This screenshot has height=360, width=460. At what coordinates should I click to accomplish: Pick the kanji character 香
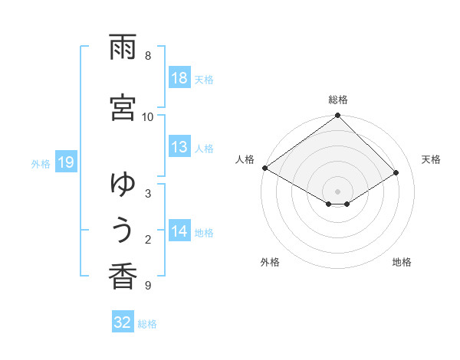tap(123, 277)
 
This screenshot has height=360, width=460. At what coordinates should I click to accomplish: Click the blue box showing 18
tap(179, 78)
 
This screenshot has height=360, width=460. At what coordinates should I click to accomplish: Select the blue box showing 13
tap(179, 147)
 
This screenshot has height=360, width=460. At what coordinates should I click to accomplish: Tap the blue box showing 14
tap(179, 231)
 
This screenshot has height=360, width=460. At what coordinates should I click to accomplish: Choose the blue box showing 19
tap(65, 162)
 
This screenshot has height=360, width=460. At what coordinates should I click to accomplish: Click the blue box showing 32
tap(123, 322)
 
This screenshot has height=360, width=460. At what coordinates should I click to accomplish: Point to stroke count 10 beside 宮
tap(148, 116)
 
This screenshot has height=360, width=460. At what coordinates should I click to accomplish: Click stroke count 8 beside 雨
tap(148, 56)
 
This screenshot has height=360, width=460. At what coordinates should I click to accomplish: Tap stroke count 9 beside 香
tap(148, 286)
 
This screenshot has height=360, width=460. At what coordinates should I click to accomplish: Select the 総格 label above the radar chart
tap(338, 100)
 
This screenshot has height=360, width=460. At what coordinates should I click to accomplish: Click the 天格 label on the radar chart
tap(432, 159)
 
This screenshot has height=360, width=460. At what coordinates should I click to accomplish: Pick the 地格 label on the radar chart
tap(402, 262)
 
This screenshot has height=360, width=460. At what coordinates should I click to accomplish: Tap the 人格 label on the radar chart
tap(245, 159)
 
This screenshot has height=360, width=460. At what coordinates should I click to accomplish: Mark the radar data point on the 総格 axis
tap(338, 116)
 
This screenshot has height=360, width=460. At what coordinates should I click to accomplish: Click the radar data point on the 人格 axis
tap(264, 168)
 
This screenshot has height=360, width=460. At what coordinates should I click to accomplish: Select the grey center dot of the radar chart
tap(338, 191)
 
